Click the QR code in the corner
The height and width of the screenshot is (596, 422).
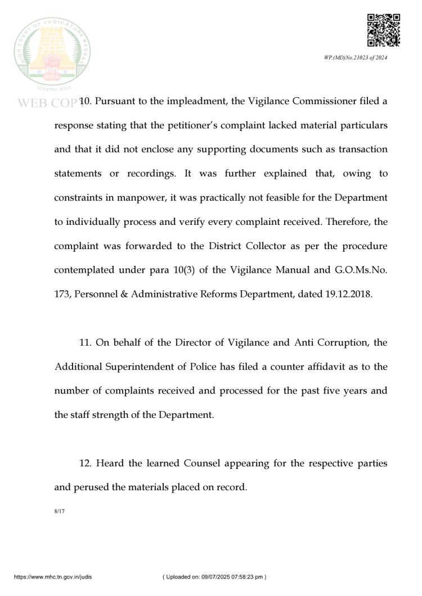pos(384,30)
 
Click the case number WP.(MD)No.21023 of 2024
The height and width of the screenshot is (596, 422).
pos(356,58)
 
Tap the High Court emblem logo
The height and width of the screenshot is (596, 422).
pos(51,55)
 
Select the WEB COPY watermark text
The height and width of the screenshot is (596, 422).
pos(48,103)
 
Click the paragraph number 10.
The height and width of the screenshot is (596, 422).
pos(86,101)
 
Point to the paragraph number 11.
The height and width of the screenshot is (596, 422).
pos(86,342)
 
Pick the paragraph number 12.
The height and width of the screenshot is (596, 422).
pos(86,463)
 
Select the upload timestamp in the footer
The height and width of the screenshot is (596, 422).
pos(214,577)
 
